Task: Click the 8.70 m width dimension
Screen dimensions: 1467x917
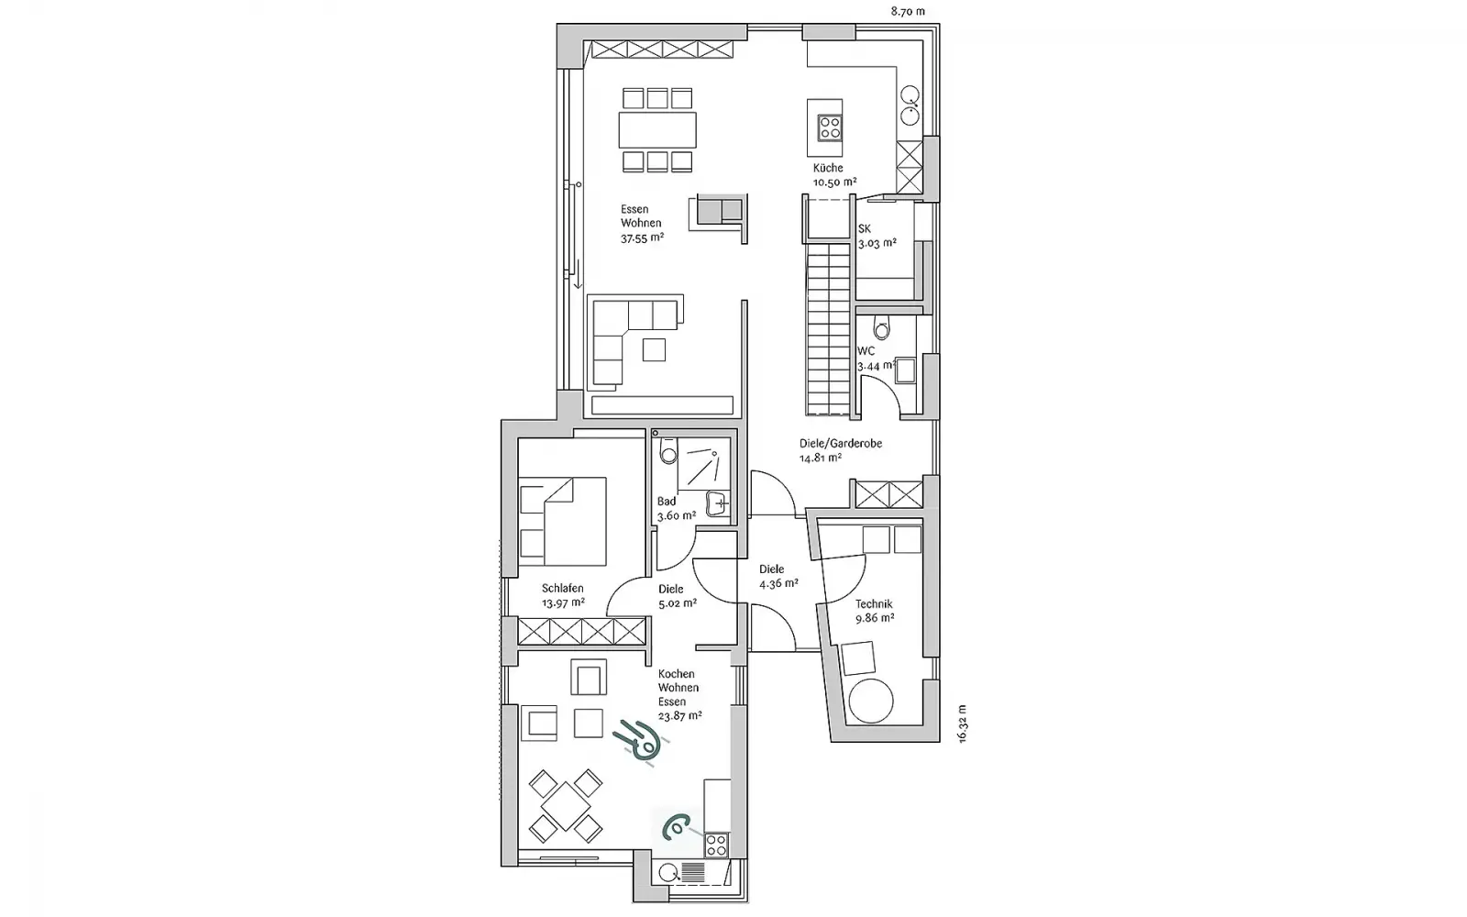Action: [x=908, y=11]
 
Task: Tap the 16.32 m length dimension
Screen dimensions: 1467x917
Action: [x=962, y=724]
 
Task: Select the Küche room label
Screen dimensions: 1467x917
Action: [x=828, y=168]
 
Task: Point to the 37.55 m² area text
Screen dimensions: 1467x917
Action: [x=642, y=238]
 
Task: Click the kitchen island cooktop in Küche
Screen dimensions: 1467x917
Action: [x=830, y=127]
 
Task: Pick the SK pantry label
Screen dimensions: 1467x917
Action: [x=865, y=228]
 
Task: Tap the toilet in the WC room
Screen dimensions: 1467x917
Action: [x=882, y=328]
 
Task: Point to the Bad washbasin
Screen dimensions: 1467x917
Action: [x=718, y=503]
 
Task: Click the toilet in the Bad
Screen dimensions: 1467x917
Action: [x=668, y=450]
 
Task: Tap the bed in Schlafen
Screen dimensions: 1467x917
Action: [x=563, y=522]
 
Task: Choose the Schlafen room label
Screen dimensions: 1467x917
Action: [x=563, y=588]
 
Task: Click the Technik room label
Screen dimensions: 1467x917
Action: [x=874, y=604]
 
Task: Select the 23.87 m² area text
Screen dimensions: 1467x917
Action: [x=679, y=716]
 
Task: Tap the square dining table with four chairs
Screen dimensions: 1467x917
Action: [x=565, y=806]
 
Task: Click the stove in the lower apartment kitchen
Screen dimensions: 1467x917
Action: [x=716, y=845]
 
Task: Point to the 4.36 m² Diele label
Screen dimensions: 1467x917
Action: [x=778, y=583]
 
